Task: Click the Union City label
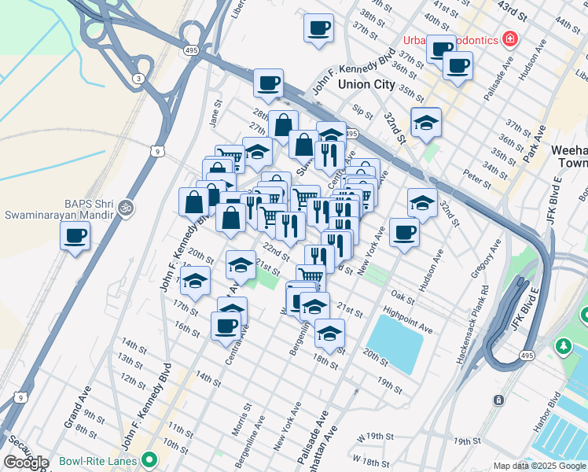click(x=366, y=84)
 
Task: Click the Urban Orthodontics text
click(x=451, y=40)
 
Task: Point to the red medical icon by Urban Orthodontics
click(x=510, y=38)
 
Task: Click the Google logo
click(x=26, y=462)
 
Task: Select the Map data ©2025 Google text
click(x=538, y=466)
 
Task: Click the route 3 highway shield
click(x=139, y=78)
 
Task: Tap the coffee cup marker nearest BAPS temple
click(x=75, y=235)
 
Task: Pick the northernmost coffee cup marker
click(x=319, y=29)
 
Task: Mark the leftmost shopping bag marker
click(x=193, y=203)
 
